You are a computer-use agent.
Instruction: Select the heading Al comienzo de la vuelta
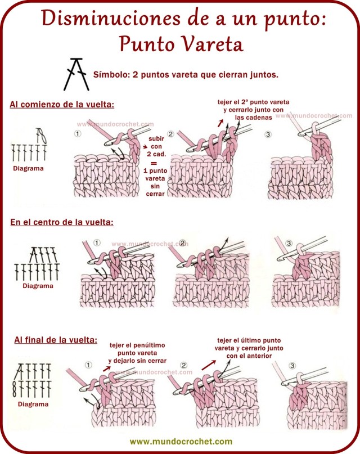(62, 105)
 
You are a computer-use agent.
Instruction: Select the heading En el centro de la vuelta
(62, 222)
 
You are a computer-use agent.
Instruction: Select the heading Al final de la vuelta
(56, 340)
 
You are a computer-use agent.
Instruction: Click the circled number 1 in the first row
(78, 134)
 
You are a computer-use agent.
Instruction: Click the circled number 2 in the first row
(170, 134)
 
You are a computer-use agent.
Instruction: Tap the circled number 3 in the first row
(267, 134)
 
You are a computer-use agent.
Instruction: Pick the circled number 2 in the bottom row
(183, 365)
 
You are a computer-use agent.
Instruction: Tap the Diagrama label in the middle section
(38, 285)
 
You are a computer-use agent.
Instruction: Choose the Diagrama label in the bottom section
(33, 404)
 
